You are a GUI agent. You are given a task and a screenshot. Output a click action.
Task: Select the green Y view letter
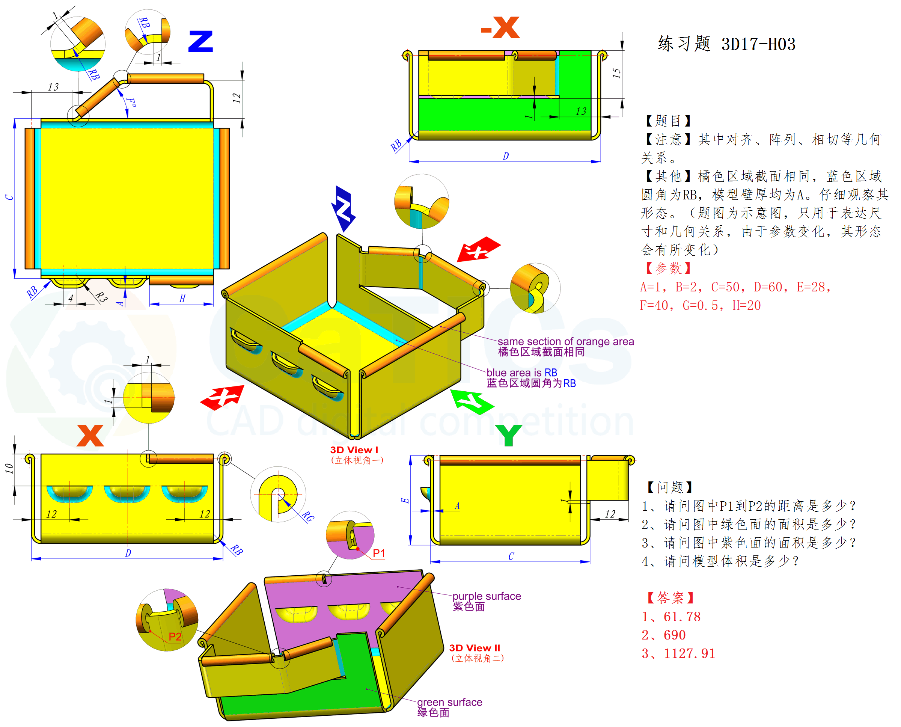508,435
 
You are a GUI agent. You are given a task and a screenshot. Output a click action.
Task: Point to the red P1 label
378,553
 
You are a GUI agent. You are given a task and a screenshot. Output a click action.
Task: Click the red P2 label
175,637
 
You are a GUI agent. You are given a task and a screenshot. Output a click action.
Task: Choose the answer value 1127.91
689,653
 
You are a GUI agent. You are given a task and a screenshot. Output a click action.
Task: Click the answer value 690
674,635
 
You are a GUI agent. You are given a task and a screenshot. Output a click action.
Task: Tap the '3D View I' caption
354,450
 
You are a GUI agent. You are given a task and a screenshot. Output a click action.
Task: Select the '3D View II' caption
475,648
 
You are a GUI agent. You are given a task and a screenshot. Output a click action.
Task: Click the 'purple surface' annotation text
487,596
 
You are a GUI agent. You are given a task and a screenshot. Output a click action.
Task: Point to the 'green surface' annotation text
449,702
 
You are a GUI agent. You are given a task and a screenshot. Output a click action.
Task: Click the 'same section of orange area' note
565,341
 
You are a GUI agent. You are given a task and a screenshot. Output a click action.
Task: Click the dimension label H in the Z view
182,299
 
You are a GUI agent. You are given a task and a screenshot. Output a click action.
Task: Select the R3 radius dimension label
101,297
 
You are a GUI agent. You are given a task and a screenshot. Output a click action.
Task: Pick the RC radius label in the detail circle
308,517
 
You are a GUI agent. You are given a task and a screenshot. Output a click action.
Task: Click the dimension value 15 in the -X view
617,73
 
